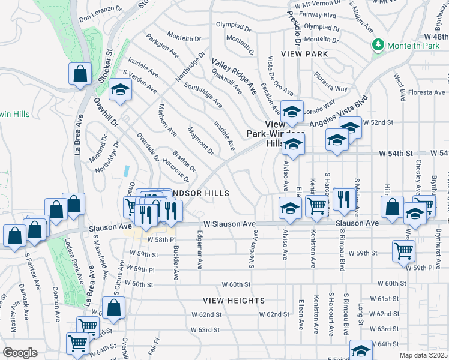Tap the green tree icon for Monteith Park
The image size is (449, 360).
378,44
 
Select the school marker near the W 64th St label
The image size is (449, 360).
361,350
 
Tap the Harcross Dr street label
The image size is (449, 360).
175,170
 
